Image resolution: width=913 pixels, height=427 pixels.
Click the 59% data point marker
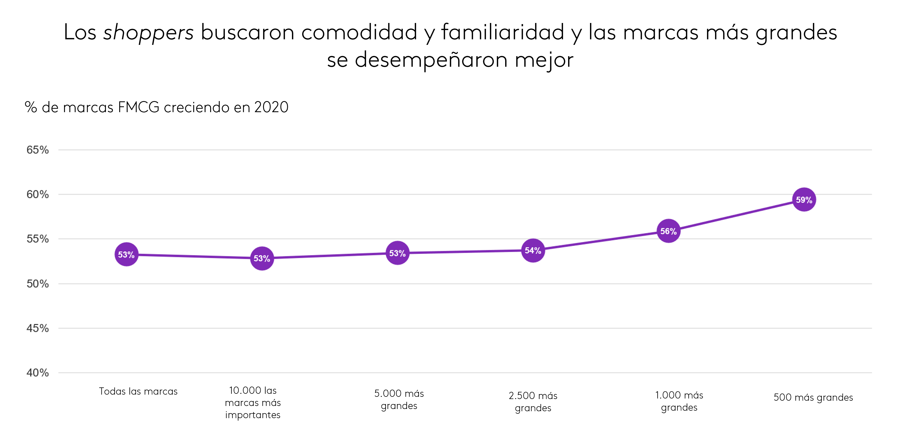(x=804, y=200)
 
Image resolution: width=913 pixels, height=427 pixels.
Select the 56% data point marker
(x=668, y=231)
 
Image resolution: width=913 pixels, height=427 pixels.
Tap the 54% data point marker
(x=533, y=250)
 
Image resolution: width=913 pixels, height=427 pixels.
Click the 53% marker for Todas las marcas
(x=126, y=254)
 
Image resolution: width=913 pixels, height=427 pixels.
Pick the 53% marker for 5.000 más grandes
(x=397, y=253)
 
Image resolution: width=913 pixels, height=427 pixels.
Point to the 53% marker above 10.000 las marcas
(x=262, y=258)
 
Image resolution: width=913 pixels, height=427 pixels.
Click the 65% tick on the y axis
(x=38, y=150)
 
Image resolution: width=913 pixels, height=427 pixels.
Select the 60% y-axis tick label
(x=38, y=194)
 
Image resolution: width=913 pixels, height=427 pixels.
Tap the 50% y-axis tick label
(x=38, y=284)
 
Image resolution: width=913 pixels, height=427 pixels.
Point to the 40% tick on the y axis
(x=38, y=372)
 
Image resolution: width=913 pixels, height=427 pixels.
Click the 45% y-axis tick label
(x=38, y=328)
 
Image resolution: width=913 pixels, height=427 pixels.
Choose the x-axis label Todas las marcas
(x=138, y=391)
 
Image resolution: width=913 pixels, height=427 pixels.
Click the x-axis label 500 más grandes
(x=813, y=397)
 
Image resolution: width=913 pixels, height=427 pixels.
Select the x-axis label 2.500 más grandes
(x=533, y=402)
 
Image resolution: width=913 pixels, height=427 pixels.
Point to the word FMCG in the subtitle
(x=139, y=107)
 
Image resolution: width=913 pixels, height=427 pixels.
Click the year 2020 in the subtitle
(x=271, y=107)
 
